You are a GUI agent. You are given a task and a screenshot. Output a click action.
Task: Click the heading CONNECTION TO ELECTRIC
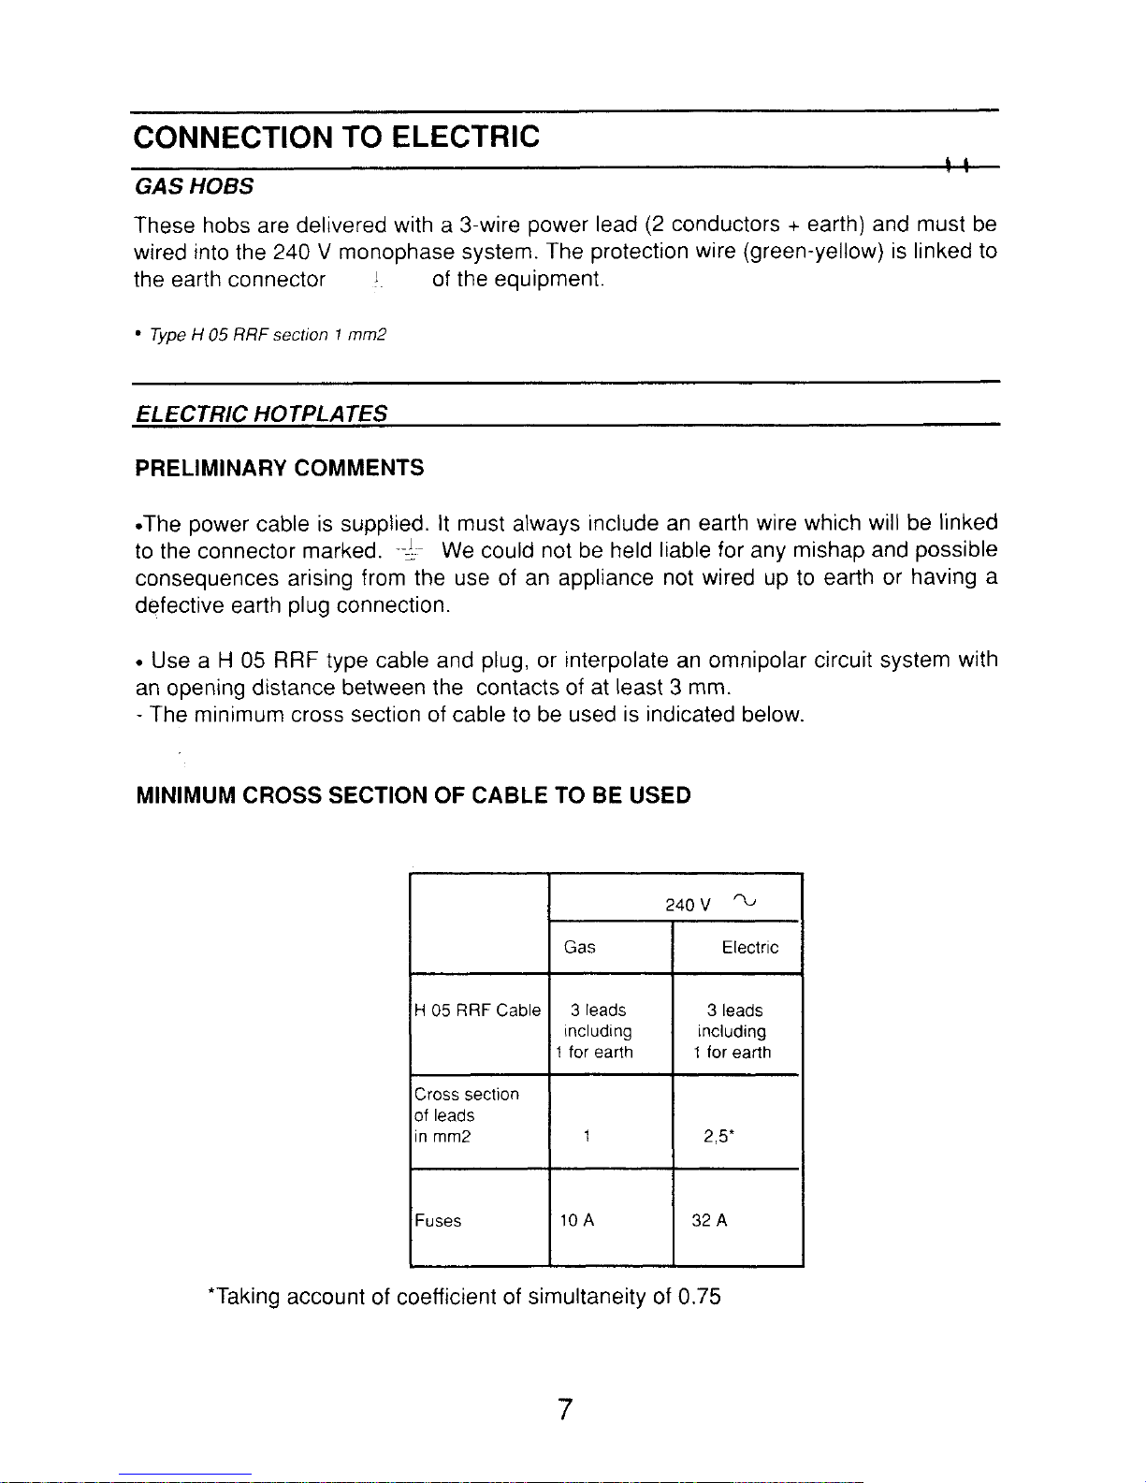tap(337, 138)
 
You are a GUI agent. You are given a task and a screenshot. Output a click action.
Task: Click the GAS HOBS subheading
tap(194, 186)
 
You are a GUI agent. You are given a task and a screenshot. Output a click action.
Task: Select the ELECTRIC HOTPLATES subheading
tap(261, 414)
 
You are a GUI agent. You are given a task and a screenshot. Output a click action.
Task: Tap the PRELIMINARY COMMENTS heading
tap(279, 468)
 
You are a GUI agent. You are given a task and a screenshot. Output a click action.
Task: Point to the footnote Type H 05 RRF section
tap(262, 335)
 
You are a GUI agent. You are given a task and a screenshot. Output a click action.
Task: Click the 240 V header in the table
tap(688, 905)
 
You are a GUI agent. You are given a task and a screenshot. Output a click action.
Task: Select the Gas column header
tap(580, 948)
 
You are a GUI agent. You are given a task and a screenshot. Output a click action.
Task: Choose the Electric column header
tap(749, 948)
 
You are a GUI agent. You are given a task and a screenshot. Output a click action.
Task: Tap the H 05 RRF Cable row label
tap(478, 1010)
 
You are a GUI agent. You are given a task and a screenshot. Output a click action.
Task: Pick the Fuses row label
tap(438, 1221)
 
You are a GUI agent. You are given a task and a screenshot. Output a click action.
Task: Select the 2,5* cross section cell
tap(719, 1138)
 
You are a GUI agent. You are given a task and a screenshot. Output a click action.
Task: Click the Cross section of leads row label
tap(466, 1115)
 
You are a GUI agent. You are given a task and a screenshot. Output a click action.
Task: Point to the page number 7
tap(564, 1410)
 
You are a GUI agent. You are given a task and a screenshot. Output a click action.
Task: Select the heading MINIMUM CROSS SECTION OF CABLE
tap(413, 796)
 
